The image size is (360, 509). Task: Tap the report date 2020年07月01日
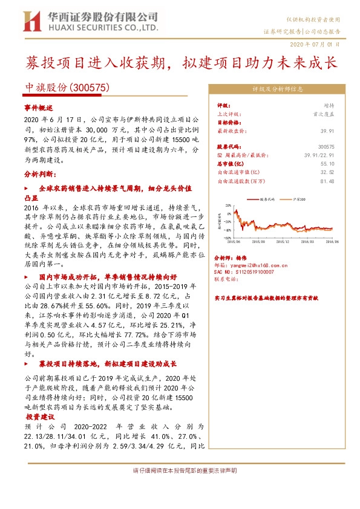[319, 44]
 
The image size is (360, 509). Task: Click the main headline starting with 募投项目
[180, 62]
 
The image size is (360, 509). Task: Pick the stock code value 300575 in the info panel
[326, 146]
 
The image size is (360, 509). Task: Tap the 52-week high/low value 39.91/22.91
[318, 155]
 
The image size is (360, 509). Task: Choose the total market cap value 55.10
[327, 163]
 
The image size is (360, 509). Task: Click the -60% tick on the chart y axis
[227, 238]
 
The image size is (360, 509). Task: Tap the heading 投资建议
[41, 417]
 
